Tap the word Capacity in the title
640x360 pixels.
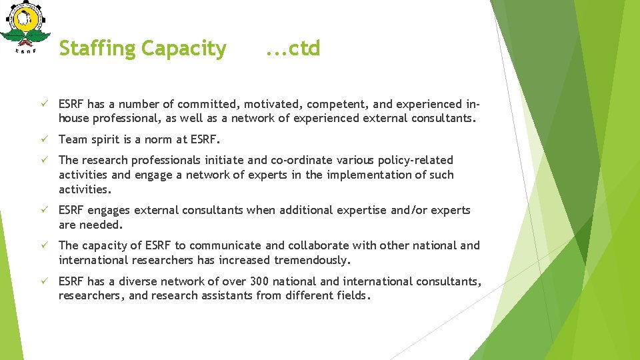click(184, 49)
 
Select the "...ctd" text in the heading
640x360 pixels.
click(293, 49)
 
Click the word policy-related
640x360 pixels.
click(415, 160)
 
